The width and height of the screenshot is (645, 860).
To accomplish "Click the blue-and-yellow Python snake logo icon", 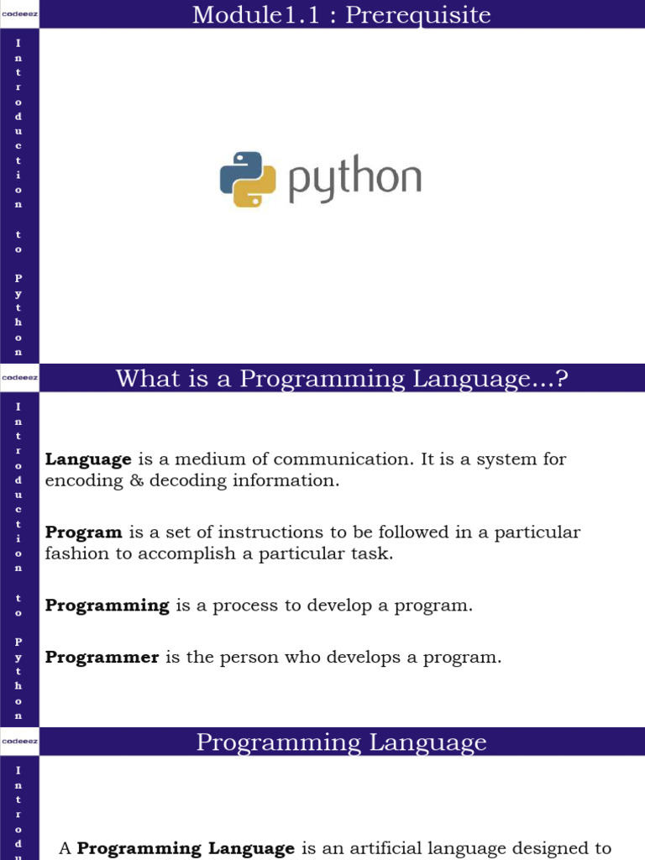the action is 248,180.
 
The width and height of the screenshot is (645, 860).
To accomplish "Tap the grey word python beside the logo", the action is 355,178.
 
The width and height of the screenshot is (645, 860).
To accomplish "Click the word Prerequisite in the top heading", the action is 418,15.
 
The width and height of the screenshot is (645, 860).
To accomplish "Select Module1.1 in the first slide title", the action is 255,15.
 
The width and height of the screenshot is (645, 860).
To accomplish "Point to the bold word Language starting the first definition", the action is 88,459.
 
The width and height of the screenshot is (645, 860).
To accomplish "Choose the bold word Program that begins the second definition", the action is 83,532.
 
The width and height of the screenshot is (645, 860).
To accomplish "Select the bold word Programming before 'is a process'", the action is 107,606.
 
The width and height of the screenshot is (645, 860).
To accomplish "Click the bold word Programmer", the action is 102,657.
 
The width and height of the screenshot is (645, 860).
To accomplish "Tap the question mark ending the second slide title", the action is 561,379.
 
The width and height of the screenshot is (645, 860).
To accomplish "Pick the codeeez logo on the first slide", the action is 20,13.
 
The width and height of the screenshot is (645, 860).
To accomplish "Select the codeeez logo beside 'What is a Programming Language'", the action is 20,377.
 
